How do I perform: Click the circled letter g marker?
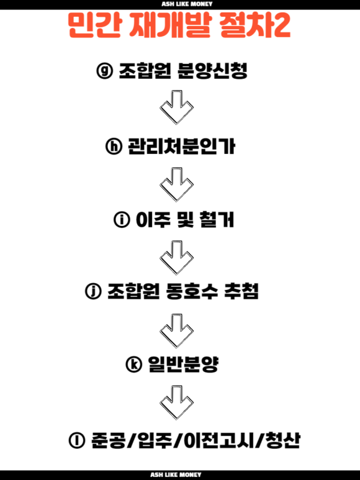105,71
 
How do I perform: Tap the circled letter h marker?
114,146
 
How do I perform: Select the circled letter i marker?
122,220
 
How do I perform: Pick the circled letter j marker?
93,291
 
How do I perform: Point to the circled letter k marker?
134,365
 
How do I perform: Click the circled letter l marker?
77,440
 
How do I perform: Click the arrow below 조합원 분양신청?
176,107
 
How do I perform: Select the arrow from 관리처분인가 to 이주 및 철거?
176,184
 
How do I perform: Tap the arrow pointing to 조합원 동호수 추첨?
176,258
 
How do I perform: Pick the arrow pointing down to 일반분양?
176,330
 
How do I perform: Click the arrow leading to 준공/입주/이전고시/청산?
176,402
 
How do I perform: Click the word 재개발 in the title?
170,25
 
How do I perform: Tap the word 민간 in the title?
95,25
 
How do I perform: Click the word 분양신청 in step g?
212,71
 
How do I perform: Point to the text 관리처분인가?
181,146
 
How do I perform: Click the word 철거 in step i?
217,220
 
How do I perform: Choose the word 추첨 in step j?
241,291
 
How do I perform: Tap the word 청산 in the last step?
282,440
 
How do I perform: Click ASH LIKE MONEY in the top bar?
187,4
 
